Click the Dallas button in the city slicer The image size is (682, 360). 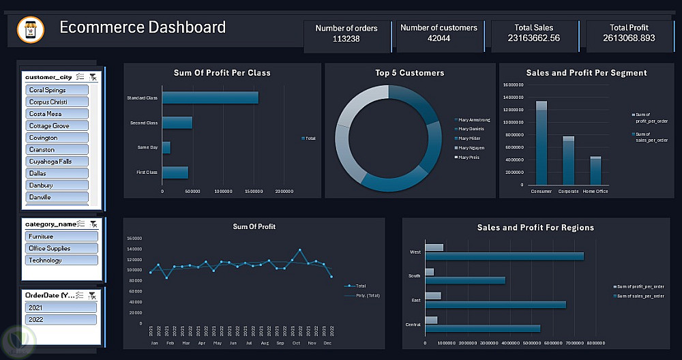[x=57, y=173]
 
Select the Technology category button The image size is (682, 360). [x=61, y=260]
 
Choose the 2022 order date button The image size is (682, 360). [x=61, y=319]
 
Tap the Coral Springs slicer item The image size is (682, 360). [x=57, y=90]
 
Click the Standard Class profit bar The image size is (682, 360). [x=210, y=98]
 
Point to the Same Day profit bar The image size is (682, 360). [x=166, y=147]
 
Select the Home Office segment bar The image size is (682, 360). [x=595, y=170]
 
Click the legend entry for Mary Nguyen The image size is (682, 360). [x=471, y=147]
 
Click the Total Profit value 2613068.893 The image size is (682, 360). [x=629, y=38]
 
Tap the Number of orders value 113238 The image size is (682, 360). [x=346, y=39]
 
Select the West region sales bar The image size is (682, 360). [x=504, y=256]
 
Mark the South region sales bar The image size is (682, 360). [x=465, y=280]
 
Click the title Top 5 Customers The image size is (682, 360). [x=409, y=73]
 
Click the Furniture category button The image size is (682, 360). [x=61, y=237]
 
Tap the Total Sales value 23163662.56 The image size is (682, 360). [x=533, y=38]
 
